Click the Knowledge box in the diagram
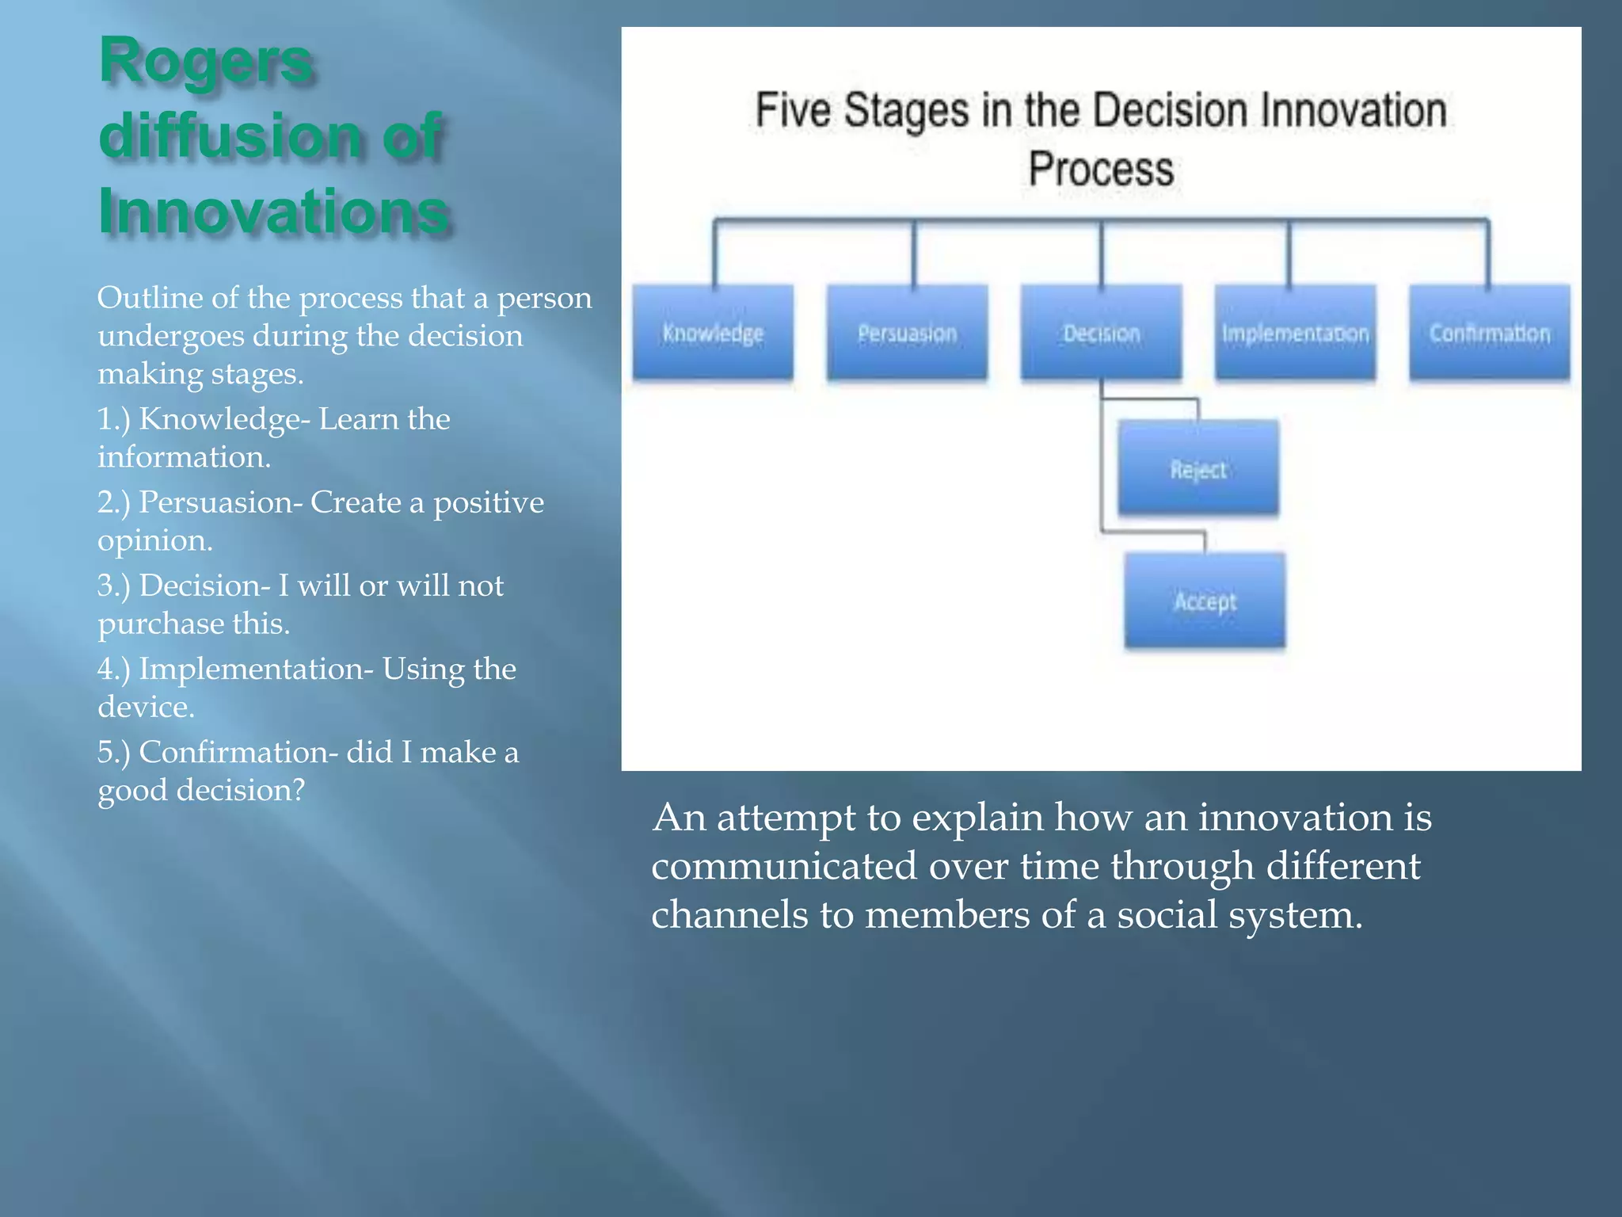(713, 333)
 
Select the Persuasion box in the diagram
(908, 333)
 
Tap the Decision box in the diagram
(1102, 333)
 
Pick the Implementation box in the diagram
(1296, 333)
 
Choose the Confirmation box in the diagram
(1490, 333)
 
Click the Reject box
(1198, 469)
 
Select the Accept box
(1205, 601)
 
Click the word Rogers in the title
(206, 62)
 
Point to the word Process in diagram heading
(1101, 169)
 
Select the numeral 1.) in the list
(113, 419)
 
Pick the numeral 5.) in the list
(113, 752)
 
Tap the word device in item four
(145, 707)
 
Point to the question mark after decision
(297, 790)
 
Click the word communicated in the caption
(783, 866)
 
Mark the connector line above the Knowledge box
(715, 254)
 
